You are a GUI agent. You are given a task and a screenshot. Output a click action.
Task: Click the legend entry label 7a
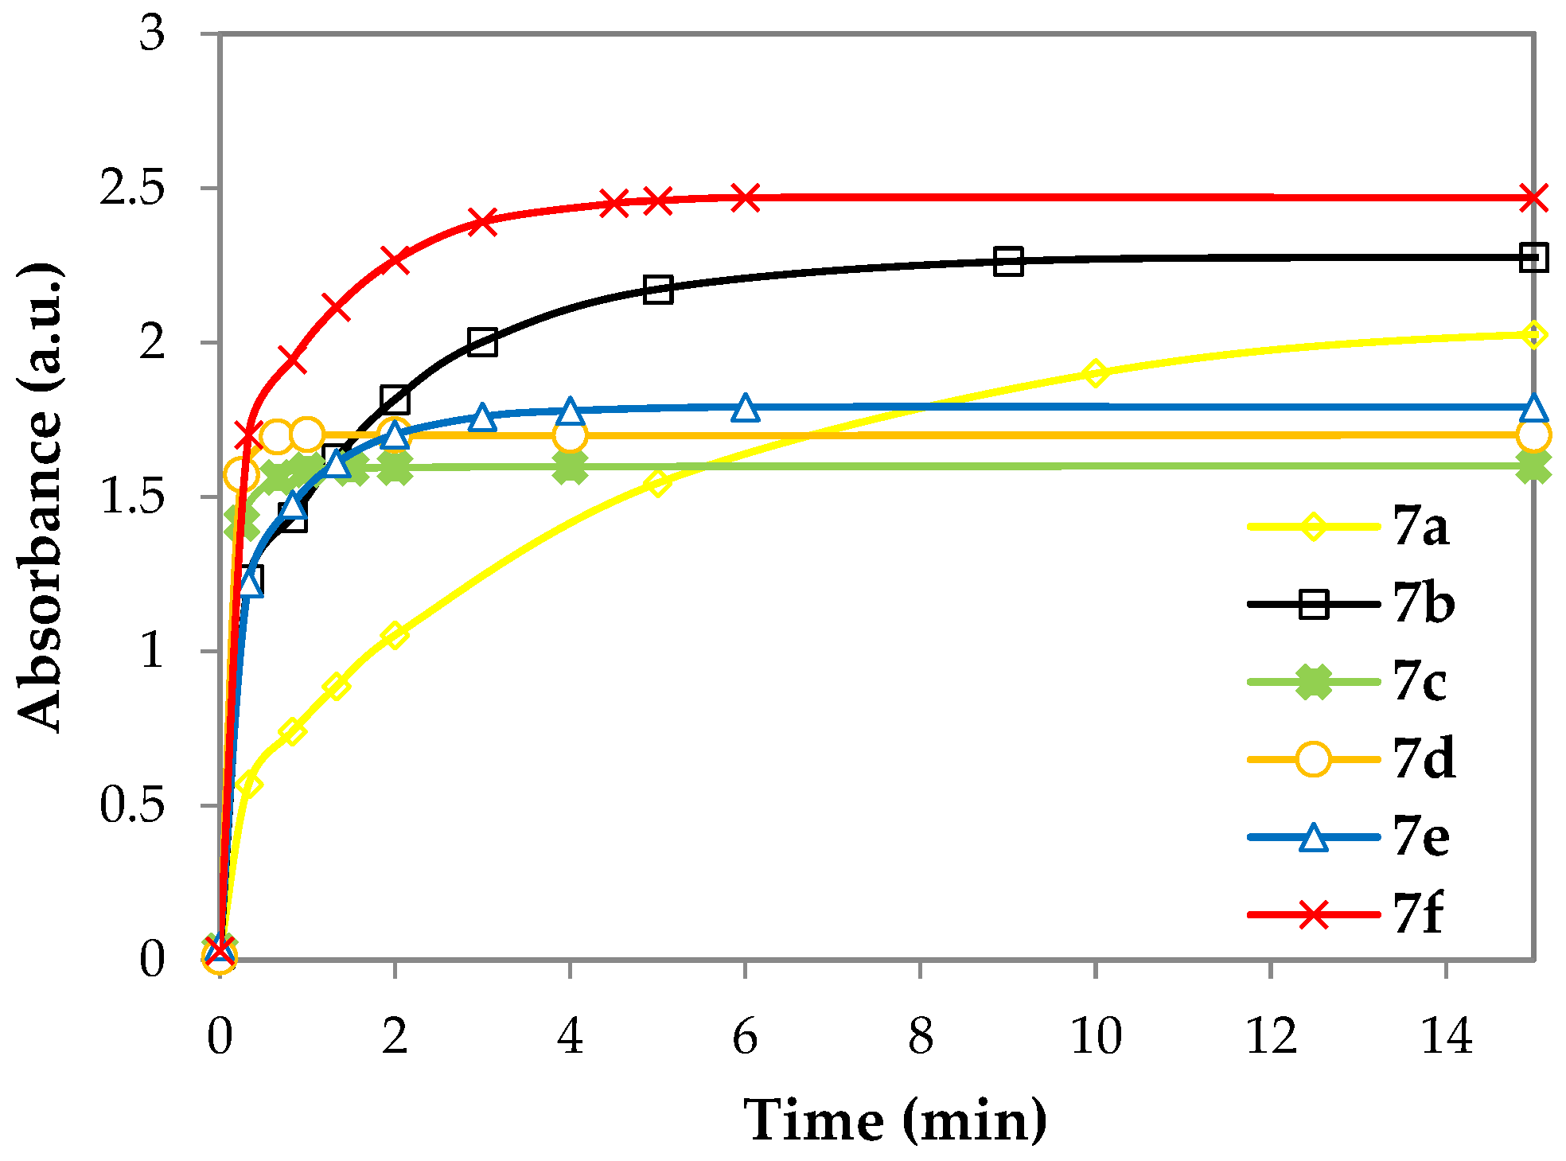pyautogui.click(x=1421, y=527)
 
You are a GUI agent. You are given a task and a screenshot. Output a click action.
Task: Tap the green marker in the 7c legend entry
pyautogui.click(x=1313, y=682)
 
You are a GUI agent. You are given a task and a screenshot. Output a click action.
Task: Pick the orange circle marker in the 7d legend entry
pyautogui.click(x=1313, y=759)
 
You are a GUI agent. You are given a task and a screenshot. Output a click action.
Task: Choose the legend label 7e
pyautogui.click(x=1421, y=837)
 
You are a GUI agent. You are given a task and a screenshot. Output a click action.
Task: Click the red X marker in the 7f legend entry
pyautogui.click(x=1313, y=914)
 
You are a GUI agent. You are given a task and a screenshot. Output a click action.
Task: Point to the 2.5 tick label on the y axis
pyautogui.click(x=131, y=189)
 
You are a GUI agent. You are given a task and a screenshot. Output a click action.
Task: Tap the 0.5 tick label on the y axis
pyautogui.click(x=131, y=805)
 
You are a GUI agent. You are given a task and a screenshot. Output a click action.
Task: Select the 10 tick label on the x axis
pyautogui.click(x=1096, y=1038)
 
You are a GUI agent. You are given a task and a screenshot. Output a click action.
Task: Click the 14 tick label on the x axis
pyautogui.click(x=1446, y=1038)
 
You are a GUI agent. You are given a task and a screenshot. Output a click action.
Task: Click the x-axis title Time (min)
pyautogui.click(x=895, y=1120)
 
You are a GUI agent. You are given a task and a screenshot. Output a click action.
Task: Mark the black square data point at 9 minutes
pyautogui.click(x=1008, y=261)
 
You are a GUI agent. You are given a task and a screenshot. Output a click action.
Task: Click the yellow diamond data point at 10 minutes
pyautogui.click(x=1096, y=372)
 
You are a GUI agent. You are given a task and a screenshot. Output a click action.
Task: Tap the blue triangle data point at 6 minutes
pyautogui.click(x=745, y=408)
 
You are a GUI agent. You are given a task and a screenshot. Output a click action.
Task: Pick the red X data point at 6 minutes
pyautogui.click(x=745, y=197)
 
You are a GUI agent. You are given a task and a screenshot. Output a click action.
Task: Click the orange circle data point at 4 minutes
pyautogui.click(x=570, y=436)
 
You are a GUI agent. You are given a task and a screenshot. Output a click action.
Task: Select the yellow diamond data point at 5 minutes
pyautogui.click(x=657, y=482)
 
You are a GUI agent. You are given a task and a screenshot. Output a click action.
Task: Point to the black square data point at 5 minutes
pyautogui.click(x=658, y=290)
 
